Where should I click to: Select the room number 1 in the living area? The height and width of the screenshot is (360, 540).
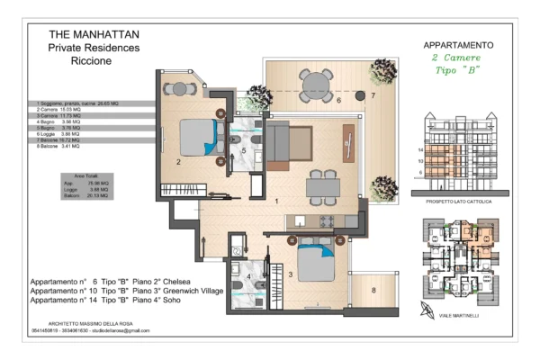(x=277, y=202)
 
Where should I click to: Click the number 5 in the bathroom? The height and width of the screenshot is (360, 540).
(x=244, y=151)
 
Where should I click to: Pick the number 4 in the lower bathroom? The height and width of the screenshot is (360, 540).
(x=248, y=276)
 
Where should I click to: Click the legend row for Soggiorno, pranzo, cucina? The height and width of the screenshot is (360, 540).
(x=88, y=103)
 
